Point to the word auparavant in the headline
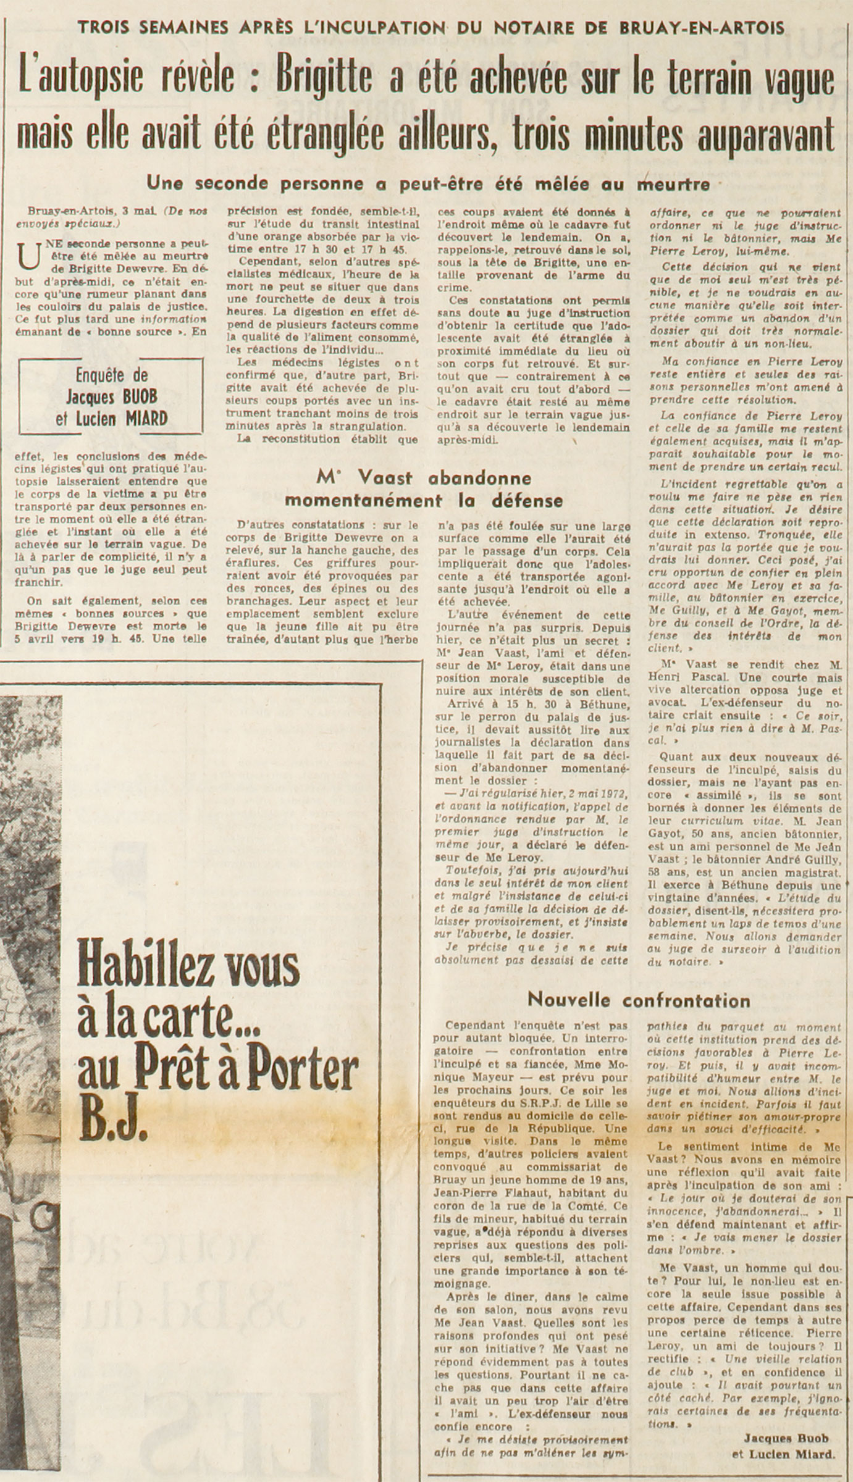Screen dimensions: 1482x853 point(766,135)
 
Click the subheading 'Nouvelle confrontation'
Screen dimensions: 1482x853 point(639,1000)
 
